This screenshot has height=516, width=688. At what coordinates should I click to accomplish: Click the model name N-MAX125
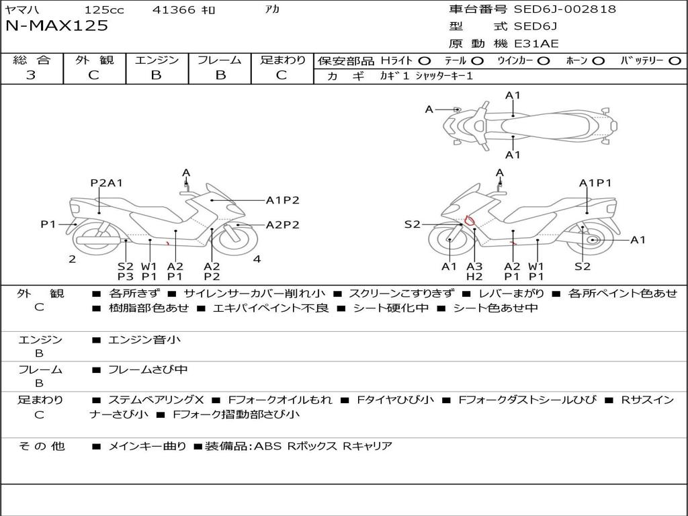(x=56, y=26)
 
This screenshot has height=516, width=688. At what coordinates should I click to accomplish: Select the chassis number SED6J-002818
(x=564, y=9)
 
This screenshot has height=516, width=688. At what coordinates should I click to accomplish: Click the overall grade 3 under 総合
(x=31, y=75)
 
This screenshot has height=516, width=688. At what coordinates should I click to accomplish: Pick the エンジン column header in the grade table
(x=157, y=60)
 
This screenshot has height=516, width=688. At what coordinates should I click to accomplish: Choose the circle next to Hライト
(x=425, y=61)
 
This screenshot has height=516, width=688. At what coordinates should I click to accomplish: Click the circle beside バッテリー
(x=675, y=61)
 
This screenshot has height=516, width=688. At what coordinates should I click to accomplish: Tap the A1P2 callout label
(x=283, y=200)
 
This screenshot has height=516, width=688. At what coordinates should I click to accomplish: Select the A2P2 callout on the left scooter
(x=283, y=224)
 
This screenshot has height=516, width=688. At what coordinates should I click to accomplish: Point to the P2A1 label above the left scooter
(x=106, y=183)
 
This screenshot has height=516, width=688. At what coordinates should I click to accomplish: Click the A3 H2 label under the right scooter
(x=474, y=271)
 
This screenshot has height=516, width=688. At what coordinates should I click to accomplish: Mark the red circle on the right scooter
(x=470, y=220)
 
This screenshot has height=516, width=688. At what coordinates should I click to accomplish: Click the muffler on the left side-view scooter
(x=98, y=241)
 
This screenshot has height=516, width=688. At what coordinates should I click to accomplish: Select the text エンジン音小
(x=144, y=339)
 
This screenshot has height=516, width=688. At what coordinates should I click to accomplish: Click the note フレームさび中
(x=148, y=370)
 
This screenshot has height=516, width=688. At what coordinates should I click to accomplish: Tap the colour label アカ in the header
(x=272, y=9)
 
